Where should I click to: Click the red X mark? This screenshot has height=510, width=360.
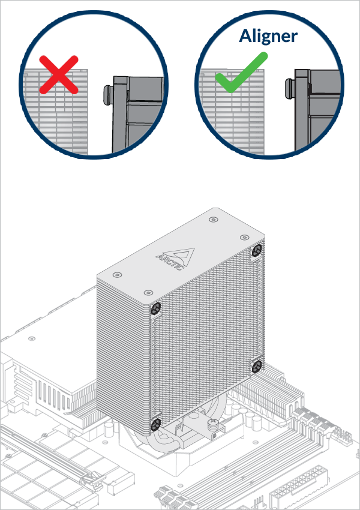[x=58, y=74]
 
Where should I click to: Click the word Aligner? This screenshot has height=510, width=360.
[x=268, y=35]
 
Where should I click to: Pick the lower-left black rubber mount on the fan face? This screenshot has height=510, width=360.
[x=155, y=424]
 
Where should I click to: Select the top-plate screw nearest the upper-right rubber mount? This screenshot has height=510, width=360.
[x=245, y=238]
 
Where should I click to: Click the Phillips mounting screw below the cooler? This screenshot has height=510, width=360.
[x=212, y=425]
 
